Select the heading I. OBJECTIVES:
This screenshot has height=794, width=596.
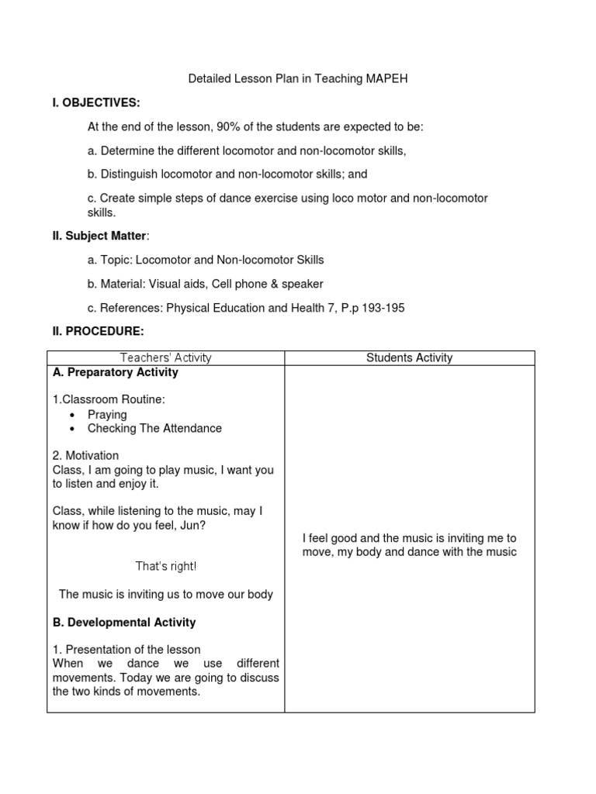coord(96,102)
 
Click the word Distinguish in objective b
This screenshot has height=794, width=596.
coord(130,174)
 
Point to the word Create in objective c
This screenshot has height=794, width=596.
coord(116,198)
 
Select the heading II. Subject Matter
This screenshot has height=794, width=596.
coord(95,236)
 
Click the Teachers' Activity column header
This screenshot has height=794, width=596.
coord(166,357)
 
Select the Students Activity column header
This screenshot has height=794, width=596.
coord(409,357)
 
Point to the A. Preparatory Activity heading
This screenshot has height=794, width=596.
coord(116,372)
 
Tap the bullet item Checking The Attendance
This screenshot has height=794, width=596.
coord(154,428)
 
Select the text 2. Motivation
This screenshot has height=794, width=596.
coord(85,456)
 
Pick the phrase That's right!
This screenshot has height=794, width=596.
coord(166,567)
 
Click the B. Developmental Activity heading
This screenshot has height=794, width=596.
coord(124,622)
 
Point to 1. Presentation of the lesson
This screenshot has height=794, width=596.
coord(126,650)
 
